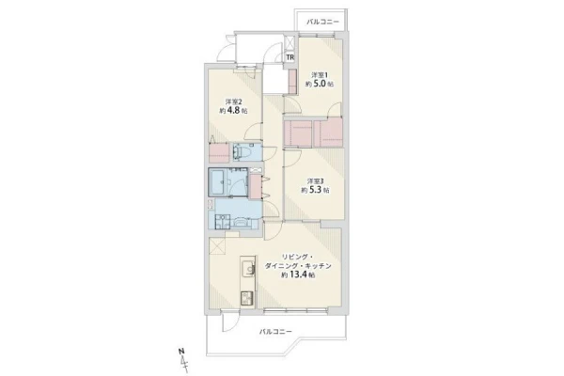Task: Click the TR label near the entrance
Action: click(x=290, y=57)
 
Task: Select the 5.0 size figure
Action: click(x=320, y=84)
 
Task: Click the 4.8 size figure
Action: click(x=233, y=111)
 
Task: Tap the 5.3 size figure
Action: click(x=316, y=190)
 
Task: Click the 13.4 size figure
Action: click(x=298, y=274)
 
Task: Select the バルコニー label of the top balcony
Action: click(x=322, y=22)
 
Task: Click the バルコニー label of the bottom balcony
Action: click(x=275, y=331)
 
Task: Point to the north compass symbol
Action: click(x=183, y=359)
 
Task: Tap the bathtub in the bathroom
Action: click(x=217, y=182)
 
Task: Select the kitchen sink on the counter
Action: click(x=248, y=270)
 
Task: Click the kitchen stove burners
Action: click(x=247, y=299)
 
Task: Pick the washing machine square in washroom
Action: click(x=222, y=222)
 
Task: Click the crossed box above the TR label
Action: click(x=290, y=43)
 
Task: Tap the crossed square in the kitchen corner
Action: click(x=217, y=247)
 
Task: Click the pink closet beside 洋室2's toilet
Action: click(x=219, y=153)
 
